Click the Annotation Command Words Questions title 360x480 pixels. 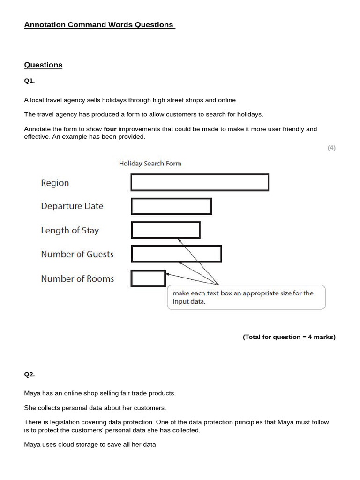click(x=99, y=25)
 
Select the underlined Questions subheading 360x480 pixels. click(x=43, y=65)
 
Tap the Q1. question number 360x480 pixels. click(x=30, y=81)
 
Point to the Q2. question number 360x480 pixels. click(x=30, y=375)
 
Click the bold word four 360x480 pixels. click(x=110, y=129)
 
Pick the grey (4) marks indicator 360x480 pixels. click(x=331, y=148)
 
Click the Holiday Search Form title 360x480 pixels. click(x=150, y=164)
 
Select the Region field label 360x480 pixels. click(x=55, y=183)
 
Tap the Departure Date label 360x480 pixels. click(x=72, y=206)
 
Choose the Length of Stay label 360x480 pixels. click(x=70, y=230)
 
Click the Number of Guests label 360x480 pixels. click(x=77, y=255)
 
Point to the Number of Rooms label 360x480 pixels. click(x=77, y=279)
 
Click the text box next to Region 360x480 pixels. click(x=200, y=182)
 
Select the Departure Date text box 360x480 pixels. click(x=171, y=206)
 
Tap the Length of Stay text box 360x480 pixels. click(x=165, y=230)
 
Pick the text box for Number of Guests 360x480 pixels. click(x=176, y=254)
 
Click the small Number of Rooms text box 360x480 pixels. click(x=148, y=279)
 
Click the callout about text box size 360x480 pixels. click(x=246, y=297)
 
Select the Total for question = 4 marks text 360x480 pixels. click(x=289, y=337)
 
